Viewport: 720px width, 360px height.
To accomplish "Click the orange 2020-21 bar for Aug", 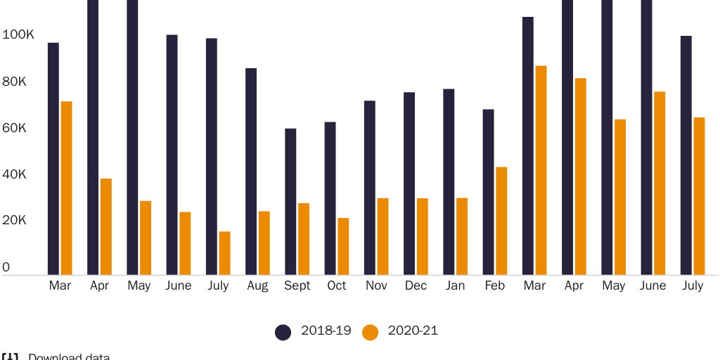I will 264,243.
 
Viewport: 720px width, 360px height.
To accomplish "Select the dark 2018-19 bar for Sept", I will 290,202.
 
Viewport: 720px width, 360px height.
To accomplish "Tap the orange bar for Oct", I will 343,246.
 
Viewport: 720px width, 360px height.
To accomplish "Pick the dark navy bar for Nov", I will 370,188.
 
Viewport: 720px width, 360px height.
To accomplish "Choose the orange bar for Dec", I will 422,236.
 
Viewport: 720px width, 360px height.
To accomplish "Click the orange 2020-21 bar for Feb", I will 501,221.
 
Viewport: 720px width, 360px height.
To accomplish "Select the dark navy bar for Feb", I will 488,192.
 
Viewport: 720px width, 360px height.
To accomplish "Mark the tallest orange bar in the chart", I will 541,170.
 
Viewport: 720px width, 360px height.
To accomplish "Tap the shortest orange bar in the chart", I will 224,253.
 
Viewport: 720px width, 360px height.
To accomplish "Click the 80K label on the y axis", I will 14,82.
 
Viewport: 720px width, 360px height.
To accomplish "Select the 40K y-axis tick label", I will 14,174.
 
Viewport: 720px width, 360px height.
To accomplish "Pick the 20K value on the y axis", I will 14,221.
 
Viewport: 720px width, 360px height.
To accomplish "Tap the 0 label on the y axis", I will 6,267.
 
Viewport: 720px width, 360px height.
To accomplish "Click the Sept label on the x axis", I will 297,286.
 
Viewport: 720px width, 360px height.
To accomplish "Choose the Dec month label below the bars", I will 416,286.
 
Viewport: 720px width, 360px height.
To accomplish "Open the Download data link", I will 68,357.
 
